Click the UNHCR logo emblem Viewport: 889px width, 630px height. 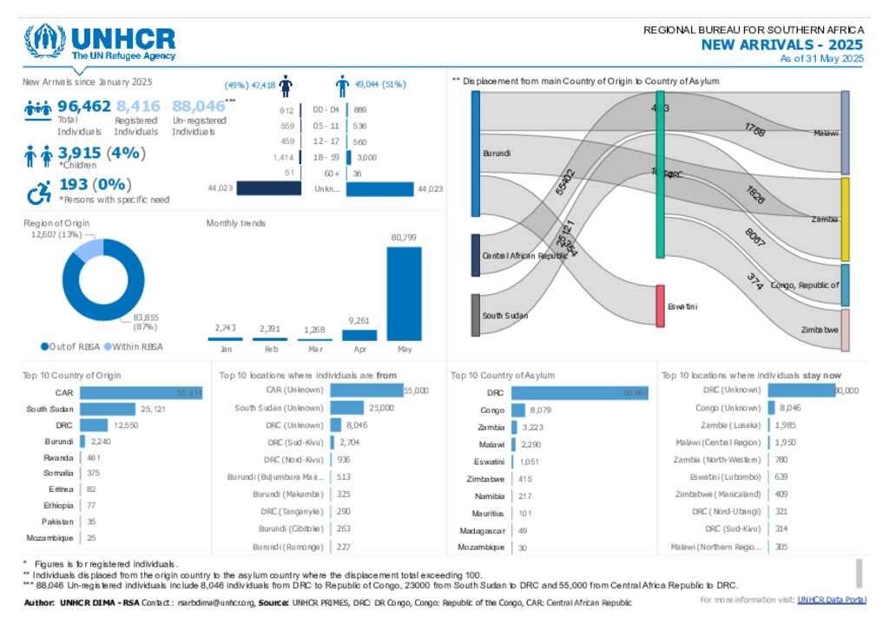(x=45, y=41)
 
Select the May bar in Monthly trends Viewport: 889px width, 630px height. (x=404, y=293)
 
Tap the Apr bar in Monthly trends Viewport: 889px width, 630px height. (x=359, y=334)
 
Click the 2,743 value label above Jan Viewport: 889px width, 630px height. (x=225, y=327)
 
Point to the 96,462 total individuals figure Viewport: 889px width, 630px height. (x=83, y=106)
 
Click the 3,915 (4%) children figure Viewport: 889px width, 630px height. (x=102, y=153)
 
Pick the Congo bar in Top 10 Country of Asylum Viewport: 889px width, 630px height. (x=518, y=410)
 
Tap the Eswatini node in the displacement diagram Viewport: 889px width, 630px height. (x=661, y=305)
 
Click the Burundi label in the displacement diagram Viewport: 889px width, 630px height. (x=497, y=154)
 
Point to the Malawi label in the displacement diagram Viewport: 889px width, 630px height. (x=826, y=133)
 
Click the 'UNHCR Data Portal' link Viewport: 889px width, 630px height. (x=831, y=600)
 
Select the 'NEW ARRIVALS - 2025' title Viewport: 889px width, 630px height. (x=782, y=45)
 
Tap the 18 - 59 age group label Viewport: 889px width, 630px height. (x=325, y=157)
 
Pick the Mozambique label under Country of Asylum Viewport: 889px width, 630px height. (x=480, y=548)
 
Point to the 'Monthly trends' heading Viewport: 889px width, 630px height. (x=236, y=223)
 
